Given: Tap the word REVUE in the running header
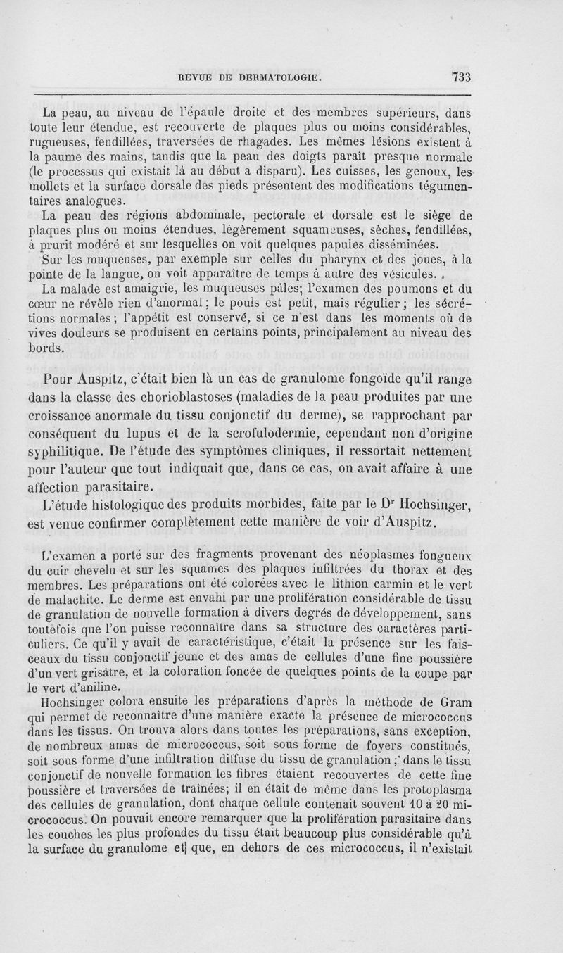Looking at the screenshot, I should [x=200, y=77].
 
